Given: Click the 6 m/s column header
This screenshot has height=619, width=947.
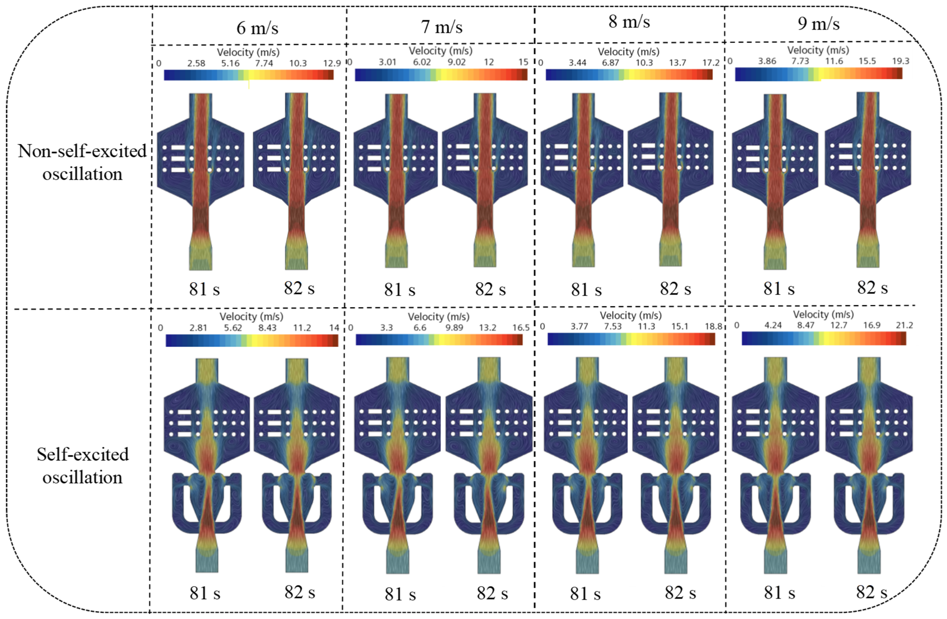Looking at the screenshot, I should [x=257, y=28].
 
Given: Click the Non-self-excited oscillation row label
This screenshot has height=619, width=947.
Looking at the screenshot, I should [x=82, y=162].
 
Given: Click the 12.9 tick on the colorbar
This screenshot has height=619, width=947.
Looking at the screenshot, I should [x=332, y=63].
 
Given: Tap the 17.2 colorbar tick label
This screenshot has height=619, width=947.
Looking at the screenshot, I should [x=711, y=63].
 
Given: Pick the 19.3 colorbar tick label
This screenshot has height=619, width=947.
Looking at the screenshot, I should [x=900, y=61].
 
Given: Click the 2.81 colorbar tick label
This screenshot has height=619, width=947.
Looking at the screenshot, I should [x=198, y=328].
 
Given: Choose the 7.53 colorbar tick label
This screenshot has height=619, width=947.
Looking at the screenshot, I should [x=613, y=327].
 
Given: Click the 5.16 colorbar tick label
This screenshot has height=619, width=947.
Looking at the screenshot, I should [x=230, y=63].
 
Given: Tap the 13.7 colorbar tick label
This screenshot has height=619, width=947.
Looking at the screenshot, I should [x=678, y=63].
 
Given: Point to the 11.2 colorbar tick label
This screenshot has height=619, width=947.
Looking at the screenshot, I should [x=302, y=328].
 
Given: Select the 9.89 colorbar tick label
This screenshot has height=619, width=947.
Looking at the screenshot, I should [x=454, y=328].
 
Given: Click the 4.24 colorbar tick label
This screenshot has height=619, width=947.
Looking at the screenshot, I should [x=773, y=325].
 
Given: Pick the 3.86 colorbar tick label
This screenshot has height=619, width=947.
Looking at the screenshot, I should [x=767, y=61].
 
